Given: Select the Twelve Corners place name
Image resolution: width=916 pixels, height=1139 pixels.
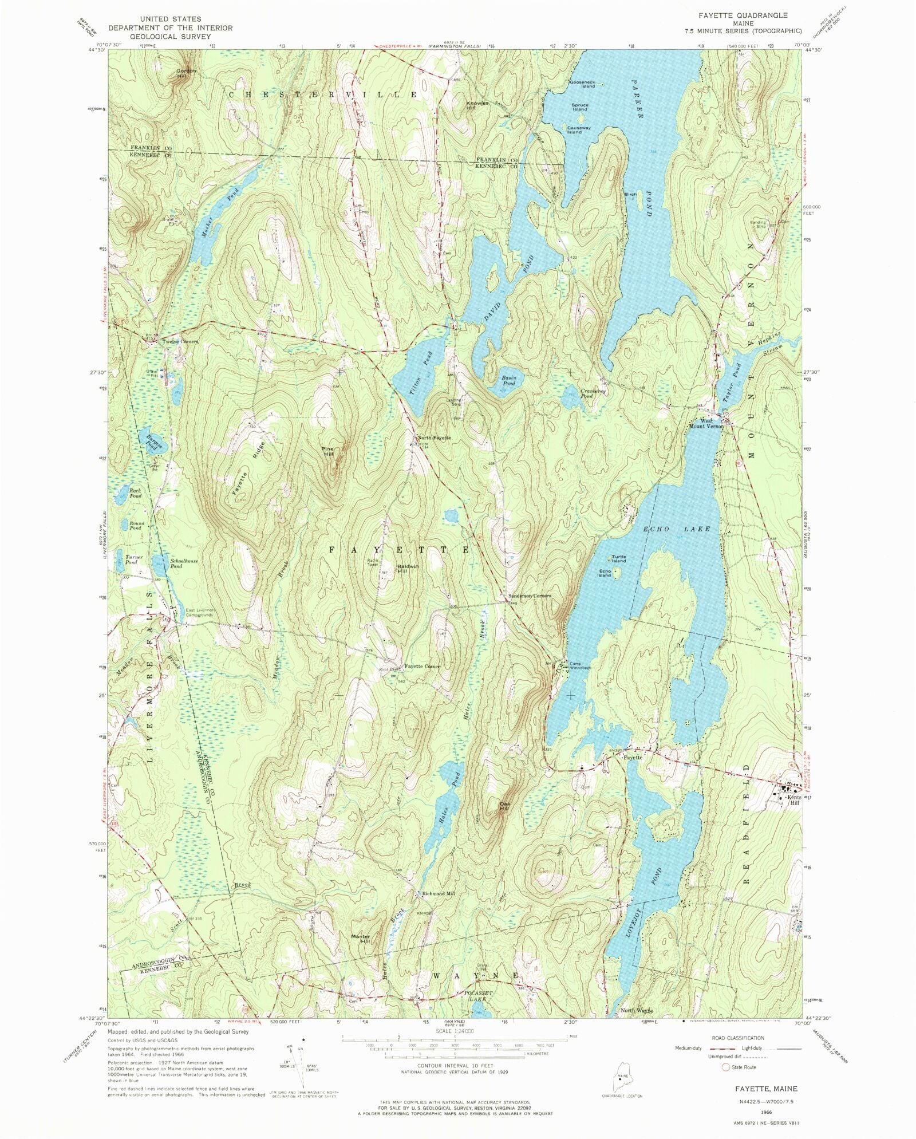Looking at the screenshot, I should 180,342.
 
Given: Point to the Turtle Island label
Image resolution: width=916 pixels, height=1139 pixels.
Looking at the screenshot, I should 618,558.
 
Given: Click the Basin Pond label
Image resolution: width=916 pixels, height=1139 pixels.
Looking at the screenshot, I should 509,380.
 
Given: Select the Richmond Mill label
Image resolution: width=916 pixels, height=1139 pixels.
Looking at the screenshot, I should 438,893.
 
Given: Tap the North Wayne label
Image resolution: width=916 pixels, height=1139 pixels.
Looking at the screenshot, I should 637,1011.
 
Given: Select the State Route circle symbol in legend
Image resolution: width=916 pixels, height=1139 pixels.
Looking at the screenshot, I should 726,1067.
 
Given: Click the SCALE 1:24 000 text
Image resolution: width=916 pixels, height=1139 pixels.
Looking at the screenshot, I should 455,1030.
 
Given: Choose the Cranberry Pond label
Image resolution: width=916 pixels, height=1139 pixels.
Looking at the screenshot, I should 593,393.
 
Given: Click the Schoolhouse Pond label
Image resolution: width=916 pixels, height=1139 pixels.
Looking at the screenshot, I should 184,563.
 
